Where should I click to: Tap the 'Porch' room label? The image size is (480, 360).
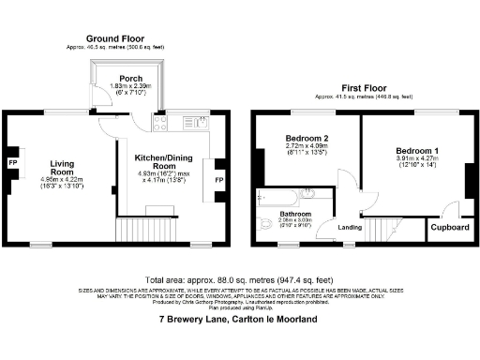tap(130, 78)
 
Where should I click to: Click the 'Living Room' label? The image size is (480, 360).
tap(62, 166)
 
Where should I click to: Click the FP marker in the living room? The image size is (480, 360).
tap(13, 163)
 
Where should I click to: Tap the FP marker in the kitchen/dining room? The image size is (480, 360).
tap(219, 180)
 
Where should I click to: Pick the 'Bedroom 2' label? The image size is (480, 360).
tap(306, 140)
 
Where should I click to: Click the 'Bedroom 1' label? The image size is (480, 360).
tap(416, 150)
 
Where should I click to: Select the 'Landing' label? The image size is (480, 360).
tap(351, 227)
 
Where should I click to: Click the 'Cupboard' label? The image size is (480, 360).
tap(449, 227)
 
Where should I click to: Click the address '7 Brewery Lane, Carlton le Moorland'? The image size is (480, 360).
tap(238, 320)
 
